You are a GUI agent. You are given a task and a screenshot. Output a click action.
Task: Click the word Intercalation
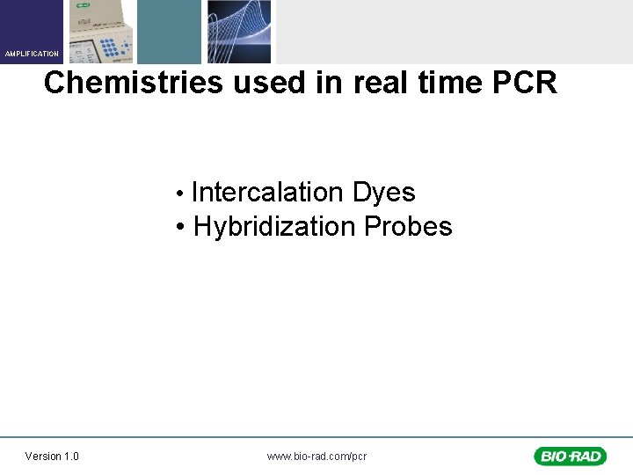coord(268,193)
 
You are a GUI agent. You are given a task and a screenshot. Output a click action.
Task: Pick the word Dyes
coord(383,193)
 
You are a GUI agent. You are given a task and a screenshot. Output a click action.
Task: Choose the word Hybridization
coord(274,227)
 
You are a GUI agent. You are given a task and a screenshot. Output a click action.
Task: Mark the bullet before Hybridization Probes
coord(179,228)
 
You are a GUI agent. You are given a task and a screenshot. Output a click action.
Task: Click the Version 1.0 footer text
coord(52,456)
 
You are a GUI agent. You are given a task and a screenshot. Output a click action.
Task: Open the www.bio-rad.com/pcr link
coord(316,456)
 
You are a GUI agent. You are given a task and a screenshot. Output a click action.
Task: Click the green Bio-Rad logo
coord(570,456)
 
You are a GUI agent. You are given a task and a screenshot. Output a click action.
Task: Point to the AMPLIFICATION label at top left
coord(32,55)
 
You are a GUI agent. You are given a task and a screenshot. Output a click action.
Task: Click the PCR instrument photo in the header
coord(99,32)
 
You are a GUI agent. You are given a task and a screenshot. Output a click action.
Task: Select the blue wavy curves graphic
coord(239,32)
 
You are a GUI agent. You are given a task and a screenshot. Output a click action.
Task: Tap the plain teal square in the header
coord(169,32)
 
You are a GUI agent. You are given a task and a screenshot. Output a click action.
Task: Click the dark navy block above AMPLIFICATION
coord(32,23)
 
